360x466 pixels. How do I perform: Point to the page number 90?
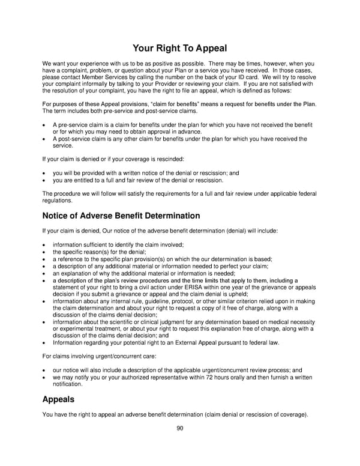[179, 428]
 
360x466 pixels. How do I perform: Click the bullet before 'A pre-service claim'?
[45, 124]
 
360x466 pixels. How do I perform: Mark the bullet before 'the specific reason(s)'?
[45, 252]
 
